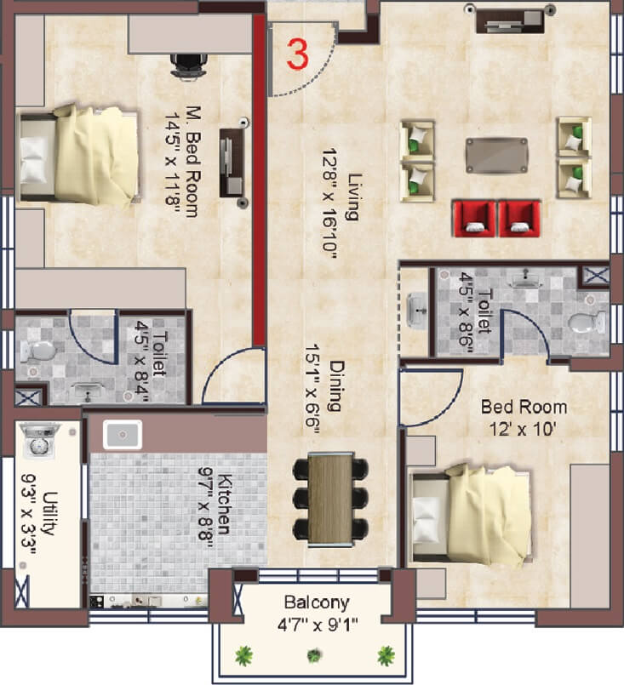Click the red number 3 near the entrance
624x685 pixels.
pyautogui.click(x=297, y=53)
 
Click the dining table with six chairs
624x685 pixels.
pyautogui.click(x=330, y=499)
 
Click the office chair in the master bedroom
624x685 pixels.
pyautogui.click(x=188, y=65)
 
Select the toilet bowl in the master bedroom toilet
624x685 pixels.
pyautogui.click(x=37, y=350)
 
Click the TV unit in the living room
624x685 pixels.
pyautogui.click(x=509, y=19)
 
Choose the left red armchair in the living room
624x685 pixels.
pyautogui.click(x=473, y=218)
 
